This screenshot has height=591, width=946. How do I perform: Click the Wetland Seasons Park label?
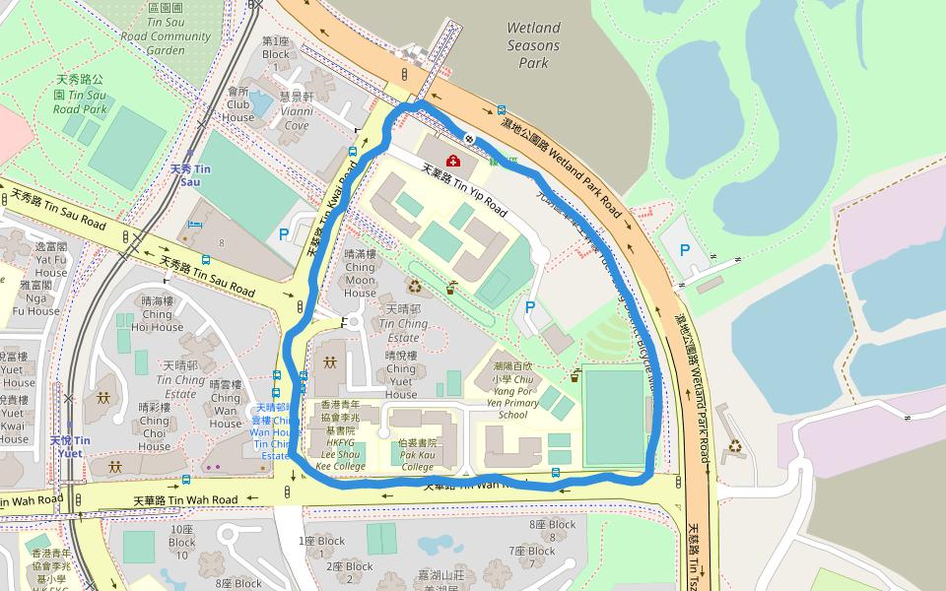(x=533, y=45)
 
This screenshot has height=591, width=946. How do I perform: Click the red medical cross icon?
(x=453, y=161)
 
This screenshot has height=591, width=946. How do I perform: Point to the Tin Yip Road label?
(x=464, y=192)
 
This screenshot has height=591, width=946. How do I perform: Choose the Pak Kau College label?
(x=417, y=455)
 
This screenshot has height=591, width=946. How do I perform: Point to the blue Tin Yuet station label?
(x=70, y=446)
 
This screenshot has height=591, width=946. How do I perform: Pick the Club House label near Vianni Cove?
(x=238, y=103)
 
